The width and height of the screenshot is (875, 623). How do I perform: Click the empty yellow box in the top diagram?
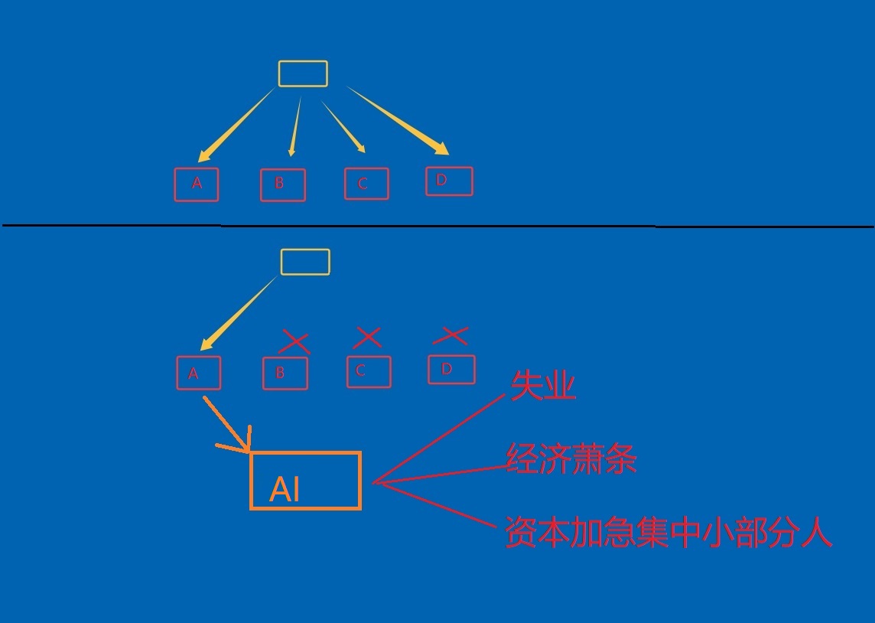click(303, 73)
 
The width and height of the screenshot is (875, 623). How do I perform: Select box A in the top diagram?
click(197, 184)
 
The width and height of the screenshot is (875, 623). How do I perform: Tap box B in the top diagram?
click(283, 185)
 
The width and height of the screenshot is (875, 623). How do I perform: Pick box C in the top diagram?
click(366, 184)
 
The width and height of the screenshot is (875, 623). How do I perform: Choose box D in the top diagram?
click(449, 181)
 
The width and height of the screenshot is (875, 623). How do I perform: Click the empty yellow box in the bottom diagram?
click(305, 262)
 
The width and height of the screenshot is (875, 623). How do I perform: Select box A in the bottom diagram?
click(199, 373)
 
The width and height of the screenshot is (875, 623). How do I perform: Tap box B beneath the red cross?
click(285, 373)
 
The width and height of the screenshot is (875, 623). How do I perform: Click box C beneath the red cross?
click(369, 372)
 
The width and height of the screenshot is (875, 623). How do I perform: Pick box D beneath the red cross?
click(451, 370)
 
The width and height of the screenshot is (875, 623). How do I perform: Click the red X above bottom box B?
click(295, 341)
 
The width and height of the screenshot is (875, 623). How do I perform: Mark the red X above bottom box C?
click(368, 337)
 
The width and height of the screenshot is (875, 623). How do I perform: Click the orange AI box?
click(305, 481)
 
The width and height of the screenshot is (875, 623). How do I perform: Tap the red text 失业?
click(543, 387)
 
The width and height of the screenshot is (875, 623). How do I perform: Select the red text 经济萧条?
click(571, 459)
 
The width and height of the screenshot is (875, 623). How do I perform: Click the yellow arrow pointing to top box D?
click(398, 121)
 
